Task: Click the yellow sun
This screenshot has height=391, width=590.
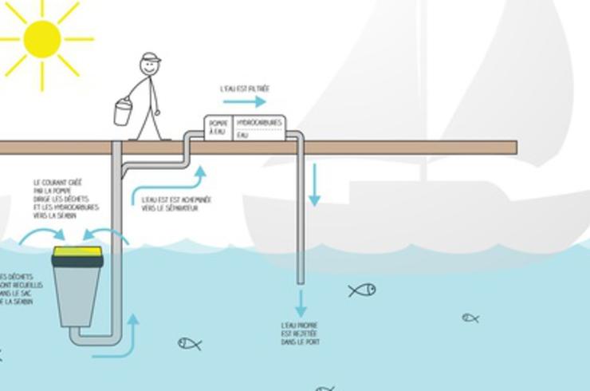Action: tap(41, 38)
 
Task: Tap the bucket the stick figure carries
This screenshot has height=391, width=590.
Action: tap(123, 112)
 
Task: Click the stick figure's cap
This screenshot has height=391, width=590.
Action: tap(149, 58)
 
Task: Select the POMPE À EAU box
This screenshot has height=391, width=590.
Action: tap(218, 128)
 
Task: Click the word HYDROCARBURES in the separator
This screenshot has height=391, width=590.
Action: tap(259, 122)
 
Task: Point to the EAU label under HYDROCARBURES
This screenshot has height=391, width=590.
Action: tap(243, 136)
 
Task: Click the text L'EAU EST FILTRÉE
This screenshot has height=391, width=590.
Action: tap(245, 89)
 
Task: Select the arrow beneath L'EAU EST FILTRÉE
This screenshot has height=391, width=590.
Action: tap(244, 102)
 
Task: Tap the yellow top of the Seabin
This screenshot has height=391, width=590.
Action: tap(77, 255)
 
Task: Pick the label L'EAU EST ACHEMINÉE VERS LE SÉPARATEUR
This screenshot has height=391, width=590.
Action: tap(175, 204)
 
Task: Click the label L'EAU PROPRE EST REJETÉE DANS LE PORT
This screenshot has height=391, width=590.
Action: tap(301, 334)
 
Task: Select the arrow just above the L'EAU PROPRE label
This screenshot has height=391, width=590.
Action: tap(301, 302)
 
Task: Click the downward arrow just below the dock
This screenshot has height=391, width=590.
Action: tap(315, 184)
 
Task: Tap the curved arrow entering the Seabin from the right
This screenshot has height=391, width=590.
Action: tap(108, 234)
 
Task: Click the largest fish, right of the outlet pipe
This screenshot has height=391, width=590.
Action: tap(362, 290)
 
